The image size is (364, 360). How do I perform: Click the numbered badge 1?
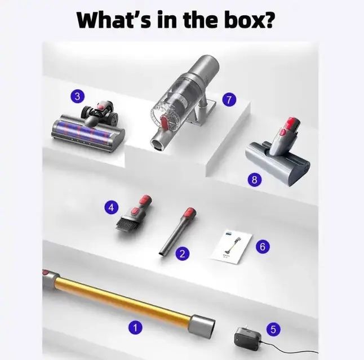(x=135, y=327)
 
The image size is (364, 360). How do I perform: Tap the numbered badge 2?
(x=183, y=254)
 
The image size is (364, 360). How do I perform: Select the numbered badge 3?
(x=78, y=96)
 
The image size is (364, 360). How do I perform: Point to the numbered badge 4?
(x=112, y=207)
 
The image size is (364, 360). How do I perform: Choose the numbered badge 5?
(x=273, y=329)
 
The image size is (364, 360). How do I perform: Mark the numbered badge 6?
(x=263, y=246)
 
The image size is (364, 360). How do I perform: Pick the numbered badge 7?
(x=229, y=100)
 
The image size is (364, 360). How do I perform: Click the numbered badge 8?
(x=255, y=179)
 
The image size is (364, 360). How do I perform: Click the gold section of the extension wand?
(x=123, y=299)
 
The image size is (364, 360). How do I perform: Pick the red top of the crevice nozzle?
(x=190, y=212)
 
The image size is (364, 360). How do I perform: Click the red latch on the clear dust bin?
(x=163, y=123)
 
